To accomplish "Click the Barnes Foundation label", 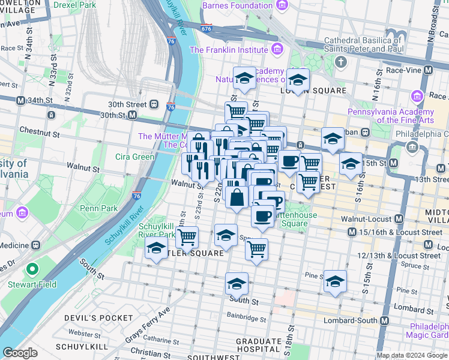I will pos(237,5).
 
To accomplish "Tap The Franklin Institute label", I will pos(228,50).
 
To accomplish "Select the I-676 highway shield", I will pos(206,28).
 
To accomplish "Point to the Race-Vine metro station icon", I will pos(428,70).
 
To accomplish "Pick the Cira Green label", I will pos(134,157).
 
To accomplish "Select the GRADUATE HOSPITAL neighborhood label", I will pos(258,345).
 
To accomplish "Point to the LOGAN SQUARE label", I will pos(313,91).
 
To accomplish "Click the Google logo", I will pos(20,353).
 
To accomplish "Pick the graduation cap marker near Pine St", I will pos(335,280).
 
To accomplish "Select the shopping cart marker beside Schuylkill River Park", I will pos(187,237).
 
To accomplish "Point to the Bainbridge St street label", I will pos(246,319).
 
